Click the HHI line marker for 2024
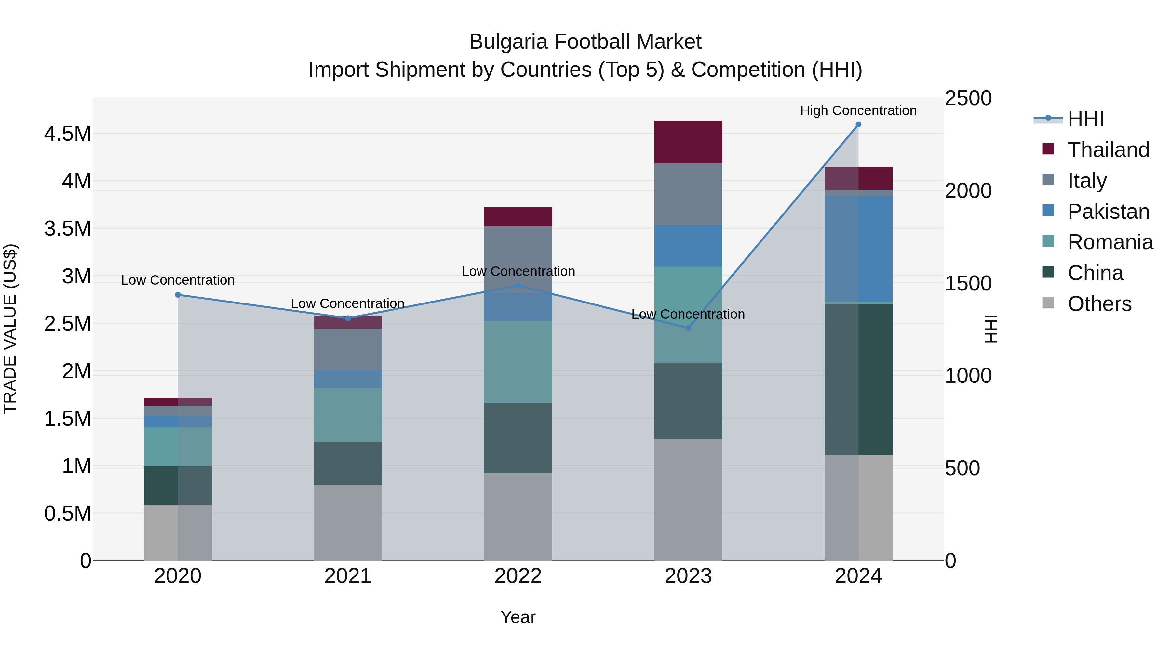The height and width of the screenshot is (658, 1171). point(858,124)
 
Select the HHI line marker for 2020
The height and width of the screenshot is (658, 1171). point(178,295)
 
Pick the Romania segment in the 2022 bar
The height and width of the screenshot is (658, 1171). point(518,361)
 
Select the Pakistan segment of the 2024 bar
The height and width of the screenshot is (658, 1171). point(858,248)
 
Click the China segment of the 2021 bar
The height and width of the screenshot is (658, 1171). point(348,463)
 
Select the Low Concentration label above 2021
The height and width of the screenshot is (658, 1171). point(347,303)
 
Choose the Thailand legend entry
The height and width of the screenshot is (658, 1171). point(1108,150)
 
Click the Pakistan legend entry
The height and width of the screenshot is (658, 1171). point(1108,212)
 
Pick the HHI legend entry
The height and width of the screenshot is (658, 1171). point(1085,119)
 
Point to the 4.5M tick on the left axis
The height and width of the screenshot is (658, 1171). point(67,134)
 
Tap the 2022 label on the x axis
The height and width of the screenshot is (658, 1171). point(518,576)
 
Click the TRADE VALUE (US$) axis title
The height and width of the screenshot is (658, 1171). point(10,329)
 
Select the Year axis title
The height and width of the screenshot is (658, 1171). point(518,617)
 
